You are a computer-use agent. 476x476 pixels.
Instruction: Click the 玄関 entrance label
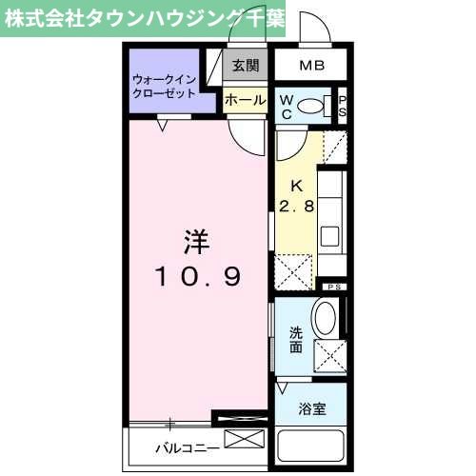[245, 66]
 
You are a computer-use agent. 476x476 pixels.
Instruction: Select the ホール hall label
[245, 98]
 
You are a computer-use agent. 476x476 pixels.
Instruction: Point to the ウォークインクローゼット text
[165, 87]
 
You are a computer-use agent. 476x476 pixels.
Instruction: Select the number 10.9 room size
[197, 277]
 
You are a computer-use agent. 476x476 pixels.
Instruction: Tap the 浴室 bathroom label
[312, 409]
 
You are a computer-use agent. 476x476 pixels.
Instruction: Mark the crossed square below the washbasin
[328, 357]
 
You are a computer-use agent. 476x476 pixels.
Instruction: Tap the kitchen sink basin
[331, 235]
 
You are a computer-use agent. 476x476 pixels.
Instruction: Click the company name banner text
[144, 19]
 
